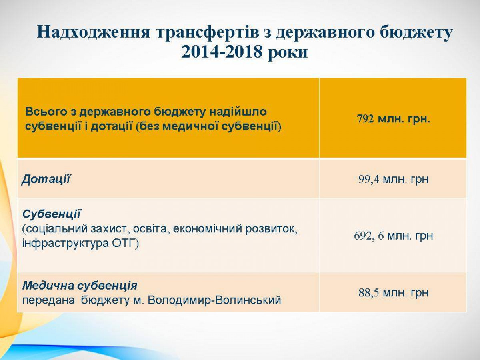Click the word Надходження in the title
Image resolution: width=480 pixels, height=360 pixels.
click(93, 32)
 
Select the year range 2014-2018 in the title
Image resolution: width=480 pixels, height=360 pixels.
click(222, 52)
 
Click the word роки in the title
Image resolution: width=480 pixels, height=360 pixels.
click(288, 53)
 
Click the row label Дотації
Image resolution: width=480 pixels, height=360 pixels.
click(46, 180)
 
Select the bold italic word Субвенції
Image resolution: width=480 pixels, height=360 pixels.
click(52, 214)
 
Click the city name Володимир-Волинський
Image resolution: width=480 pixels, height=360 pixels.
click(214, 300)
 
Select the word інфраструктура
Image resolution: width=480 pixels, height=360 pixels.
click(65, 244)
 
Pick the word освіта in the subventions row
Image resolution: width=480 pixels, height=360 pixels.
click(150, 229)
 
